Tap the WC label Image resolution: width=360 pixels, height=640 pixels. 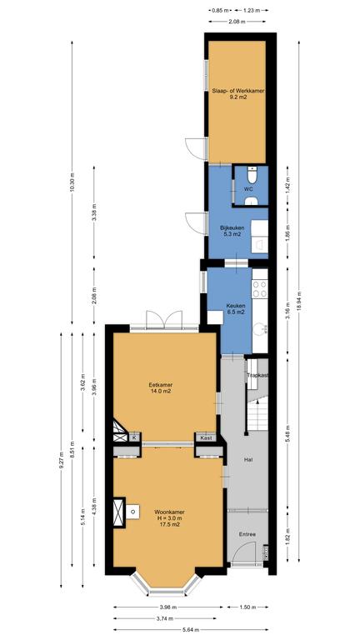[248, 189]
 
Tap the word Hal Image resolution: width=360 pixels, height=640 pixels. [247, 460]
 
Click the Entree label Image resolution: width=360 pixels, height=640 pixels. [247, 534]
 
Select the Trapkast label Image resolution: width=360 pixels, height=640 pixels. [257, 376]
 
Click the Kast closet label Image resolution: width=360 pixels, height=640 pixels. [206, 438]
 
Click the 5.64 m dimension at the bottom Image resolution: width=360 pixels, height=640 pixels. [191, 630]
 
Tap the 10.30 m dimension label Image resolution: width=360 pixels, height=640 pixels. [72, 182]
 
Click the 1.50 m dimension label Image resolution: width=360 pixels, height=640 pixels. [247, 607]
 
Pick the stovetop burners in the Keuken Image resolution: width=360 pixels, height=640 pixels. [260, 288]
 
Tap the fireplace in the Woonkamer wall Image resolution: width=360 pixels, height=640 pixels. [119, 512]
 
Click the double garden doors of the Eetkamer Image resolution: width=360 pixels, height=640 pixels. [164, 319]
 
